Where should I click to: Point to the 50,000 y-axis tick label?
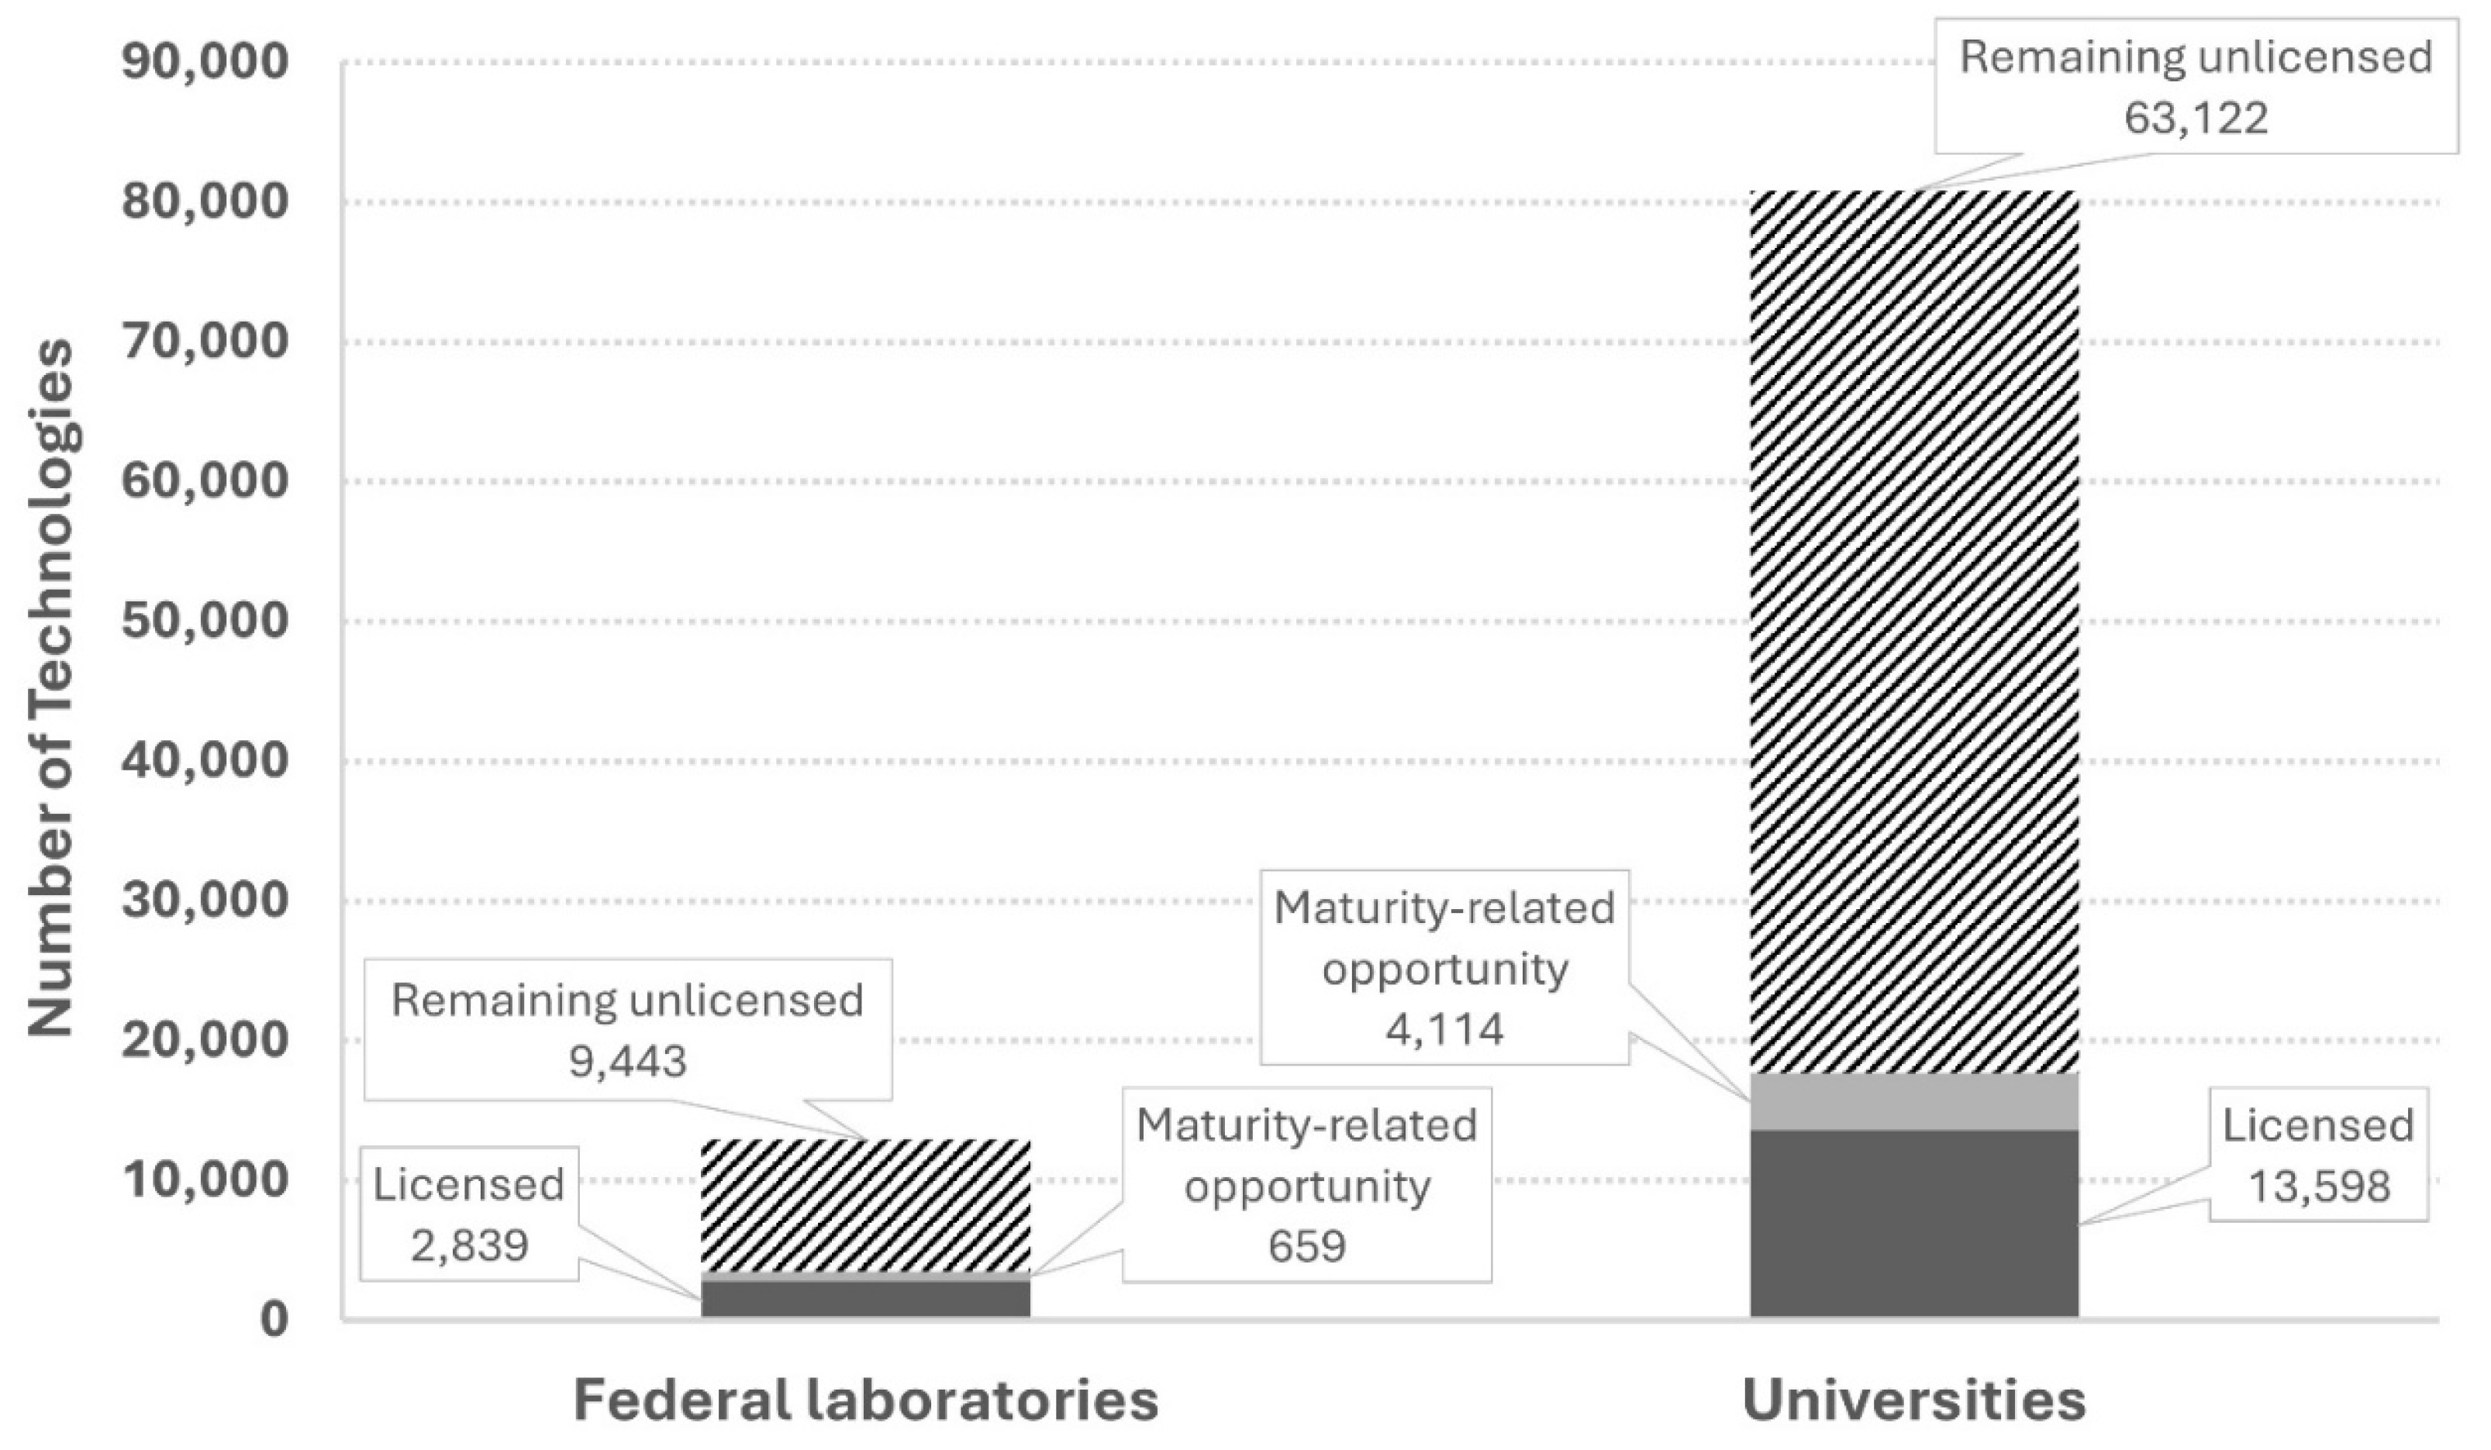coord(205,622)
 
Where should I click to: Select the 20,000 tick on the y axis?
coord(205,1041)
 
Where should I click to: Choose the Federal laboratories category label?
coord(866,1400)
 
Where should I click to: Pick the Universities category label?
coord(1913,1400)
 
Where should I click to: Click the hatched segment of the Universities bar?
coord(1913,632)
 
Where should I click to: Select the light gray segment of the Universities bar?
coord(1913,1102)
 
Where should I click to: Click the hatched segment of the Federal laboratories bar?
coord(866,1206)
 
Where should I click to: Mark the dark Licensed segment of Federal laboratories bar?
coord(866,1299)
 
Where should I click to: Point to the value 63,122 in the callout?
coord(2196,119)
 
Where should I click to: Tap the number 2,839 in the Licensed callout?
coord(470,1245)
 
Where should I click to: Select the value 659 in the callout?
coord(1307,1246)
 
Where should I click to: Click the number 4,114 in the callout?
coord(1444,1030)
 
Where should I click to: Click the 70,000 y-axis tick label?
coord(205,342)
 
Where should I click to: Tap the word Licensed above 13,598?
coord(2319,1126)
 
